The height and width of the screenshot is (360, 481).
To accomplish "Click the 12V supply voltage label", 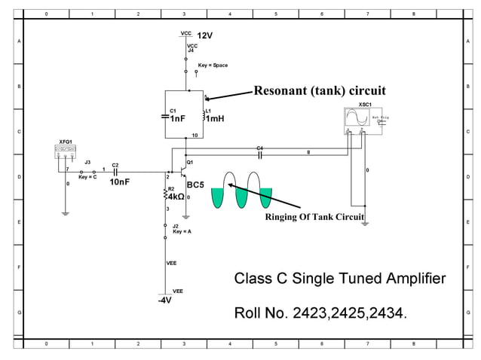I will (x=206, y=35).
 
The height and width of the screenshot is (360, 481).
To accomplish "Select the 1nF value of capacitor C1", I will (x=178, y=119).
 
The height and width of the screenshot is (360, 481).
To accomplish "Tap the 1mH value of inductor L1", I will (x=215, y=119).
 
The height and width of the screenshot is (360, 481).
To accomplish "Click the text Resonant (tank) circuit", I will (x=319, y=91).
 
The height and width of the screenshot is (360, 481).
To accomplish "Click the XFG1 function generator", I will (x=66, y=151).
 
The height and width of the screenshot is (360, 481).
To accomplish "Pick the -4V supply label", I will (x=166, y=300).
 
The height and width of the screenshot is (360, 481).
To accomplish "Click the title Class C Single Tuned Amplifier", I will (x=340, y=279).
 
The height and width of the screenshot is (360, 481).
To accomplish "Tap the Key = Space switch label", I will (x=212, y=66).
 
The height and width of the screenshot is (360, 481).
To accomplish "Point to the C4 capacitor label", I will (x=259, y=148).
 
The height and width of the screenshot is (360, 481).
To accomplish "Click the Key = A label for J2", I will (x=182, y=232).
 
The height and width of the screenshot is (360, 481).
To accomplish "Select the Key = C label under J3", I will (x=87, y=176).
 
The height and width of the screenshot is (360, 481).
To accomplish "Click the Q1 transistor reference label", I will (x=190, y=162).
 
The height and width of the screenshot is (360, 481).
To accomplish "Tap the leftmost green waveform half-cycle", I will (x=217, y=197).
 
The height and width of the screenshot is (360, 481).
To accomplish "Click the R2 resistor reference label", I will (x=170, y=189).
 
